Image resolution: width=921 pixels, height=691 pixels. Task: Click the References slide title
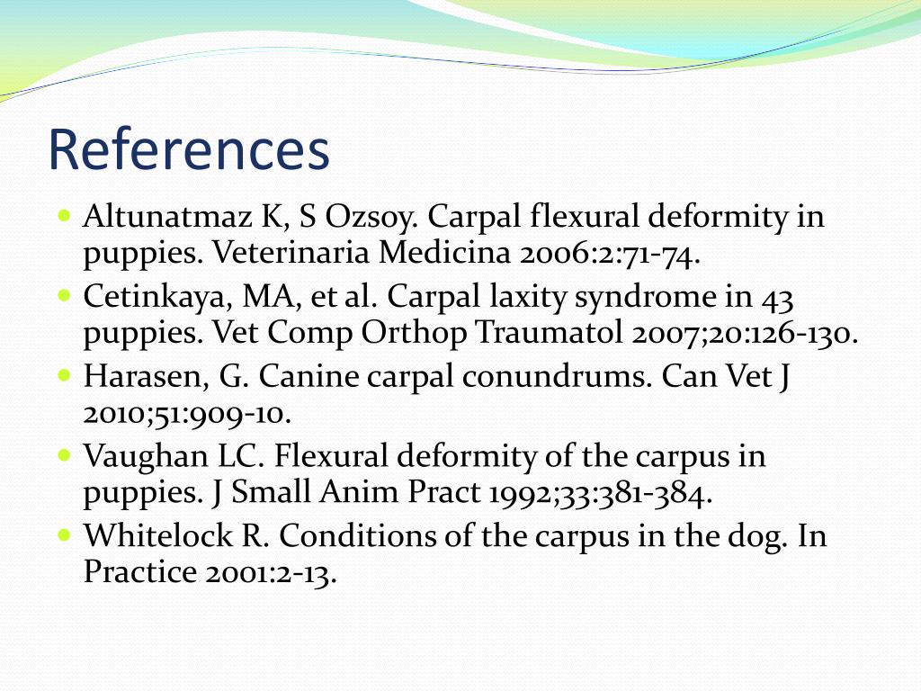coord(188,149)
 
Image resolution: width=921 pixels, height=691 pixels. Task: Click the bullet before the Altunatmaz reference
coord(63,217)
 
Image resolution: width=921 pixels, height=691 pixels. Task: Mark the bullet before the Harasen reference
coord(63,374)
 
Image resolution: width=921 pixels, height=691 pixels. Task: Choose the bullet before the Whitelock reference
coord(63,534)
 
